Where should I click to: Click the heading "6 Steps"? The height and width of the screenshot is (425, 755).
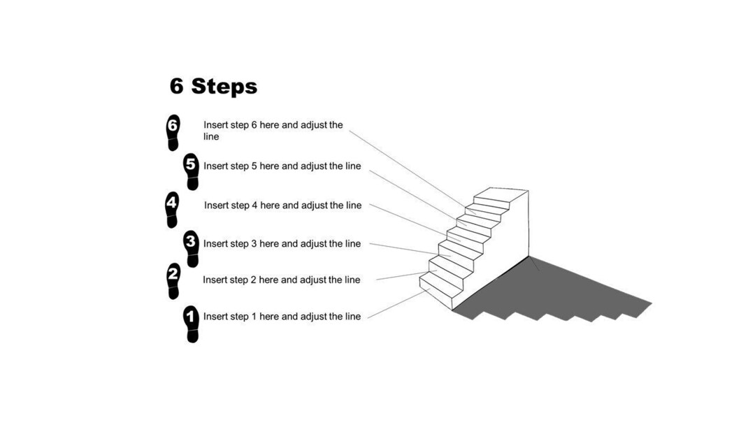(213, 87)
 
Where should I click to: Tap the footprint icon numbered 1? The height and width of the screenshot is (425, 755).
(192, 324)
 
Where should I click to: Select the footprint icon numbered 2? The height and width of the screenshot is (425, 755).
(173, 280)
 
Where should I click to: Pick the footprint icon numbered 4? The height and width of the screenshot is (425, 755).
(172, 210)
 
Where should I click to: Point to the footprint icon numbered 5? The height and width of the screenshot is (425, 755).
(192, 172)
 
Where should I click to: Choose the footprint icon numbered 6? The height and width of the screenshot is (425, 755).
(173, 133)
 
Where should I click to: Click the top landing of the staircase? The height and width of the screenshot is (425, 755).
(501, 193)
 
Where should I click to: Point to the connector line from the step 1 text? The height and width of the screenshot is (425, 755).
(396, 303)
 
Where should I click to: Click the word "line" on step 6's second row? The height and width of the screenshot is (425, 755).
(211, 137)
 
